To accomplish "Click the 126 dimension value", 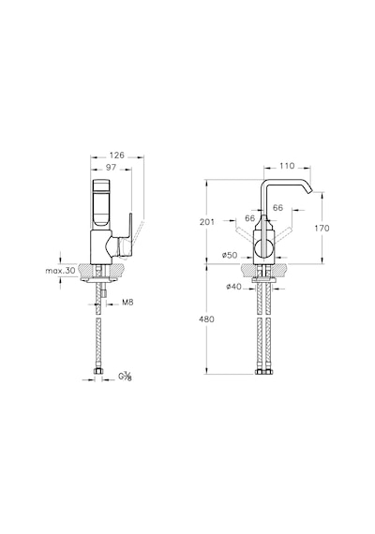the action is (117, 156).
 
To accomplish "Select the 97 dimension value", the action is (112, 167).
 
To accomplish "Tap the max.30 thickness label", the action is (60, 271).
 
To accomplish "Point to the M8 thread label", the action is (127, 303).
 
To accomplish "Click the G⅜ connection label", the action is (125, 377).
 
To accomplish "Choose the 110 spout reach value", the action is (287, 166).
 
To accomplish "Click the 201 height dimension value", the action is (207, 222).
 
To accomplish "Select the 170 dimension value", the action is (322, 228).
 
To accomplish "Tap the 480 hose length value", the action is (207, 319).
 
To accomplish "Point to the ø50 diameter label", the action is (230, 255).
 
